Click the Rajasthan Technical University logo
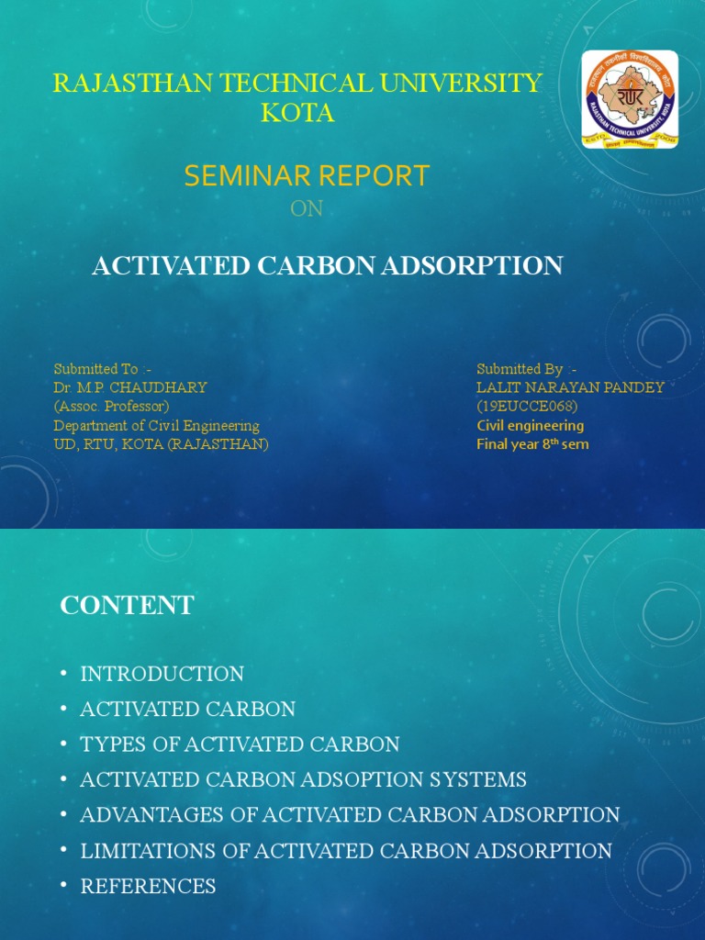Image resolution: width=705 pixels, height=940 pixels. point(630,100)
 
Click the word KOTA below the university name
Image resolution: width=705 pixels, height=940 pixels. point(297,114)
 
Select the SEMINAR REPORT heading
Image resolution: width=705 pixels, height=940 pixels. point(307,175)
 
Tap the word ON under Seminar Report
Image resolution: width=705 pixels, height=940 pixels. point(307,209)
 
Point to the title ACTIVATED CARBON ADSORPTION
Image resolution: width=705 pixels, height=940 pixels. point(328,266)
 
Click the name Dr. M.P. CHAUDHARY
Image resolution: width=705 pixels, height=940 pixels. point(130,387)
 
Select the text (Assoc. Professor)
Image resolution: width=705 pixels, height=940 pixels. point(111,406)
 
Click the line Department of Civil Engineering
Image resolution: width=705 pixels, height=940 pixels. point(156,425)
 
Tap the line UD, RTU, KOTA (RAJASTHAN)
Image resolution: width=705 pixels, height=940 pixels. point(161,444)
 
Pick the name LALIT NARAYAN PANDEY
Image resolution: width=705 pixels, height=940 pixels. point(570,387)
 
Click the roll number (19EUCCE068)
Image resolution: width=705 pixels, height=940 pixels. point(526,406)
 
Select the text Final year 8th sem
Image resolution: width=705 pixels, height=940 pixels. point(532,444)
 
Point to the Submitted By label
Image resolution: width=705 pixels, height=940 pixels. point(526,369)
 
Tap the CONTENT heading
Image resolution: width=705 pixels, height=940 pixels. point(127,606)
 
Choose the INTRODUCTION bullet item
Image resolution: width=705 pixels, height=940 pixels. point(162,674)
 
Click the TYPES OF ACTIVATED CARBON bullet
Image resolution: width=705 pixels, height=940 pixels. point(240,744)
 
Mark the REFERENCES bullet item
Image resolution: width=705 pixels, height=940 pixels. point(148,886)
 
